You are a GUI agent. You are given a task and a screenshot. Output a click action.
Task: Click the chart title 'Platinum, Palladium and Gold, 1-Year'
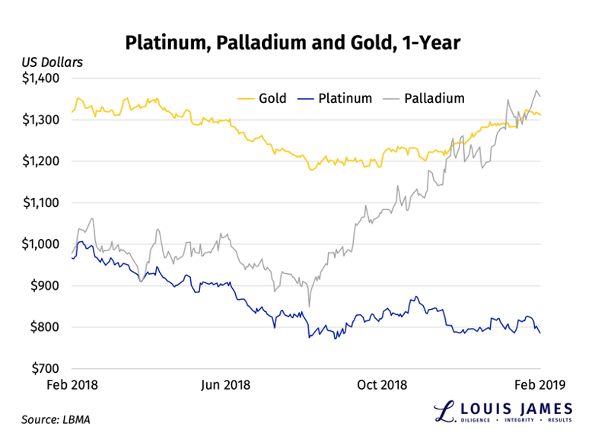297,42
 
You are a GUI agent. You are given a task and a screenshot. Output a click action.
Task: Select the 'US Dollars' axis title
52,62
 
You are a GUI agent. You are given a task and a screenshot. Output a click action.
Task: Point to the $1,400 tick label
45,78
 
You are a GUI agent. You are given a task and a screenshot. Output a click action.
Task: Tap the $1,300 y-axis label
45,119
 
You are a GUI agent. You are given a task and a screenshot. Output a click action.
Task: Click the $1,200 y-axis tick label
45,161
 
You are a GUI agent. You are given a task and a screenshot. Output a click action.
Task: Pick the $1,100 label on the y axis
45,202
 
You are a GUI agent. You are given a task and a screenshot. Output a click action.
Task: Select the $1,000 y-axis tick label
45,244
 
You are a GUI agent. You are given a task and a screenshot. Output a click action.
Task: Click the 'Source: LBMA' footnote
56,419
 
